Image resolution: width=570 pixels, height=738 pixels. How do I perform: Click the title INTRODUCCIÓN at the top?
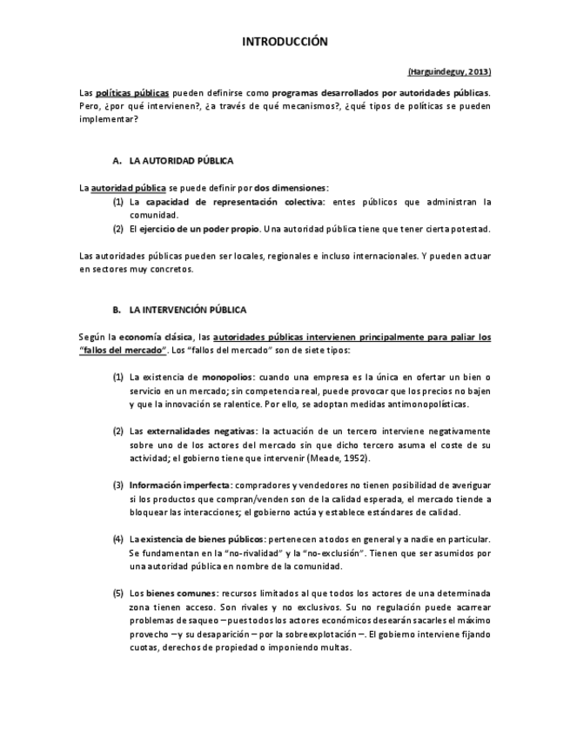click(285, 41)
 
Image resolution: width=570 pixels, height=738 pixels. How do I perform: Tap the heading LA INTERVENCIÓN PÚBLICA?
click(187, 309)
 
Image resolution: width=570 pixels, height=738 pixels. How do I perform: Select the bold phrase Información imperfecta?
click(178, 485)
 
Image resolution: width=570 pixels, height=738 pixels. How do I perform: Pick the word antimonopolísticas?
click(426, 404)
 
